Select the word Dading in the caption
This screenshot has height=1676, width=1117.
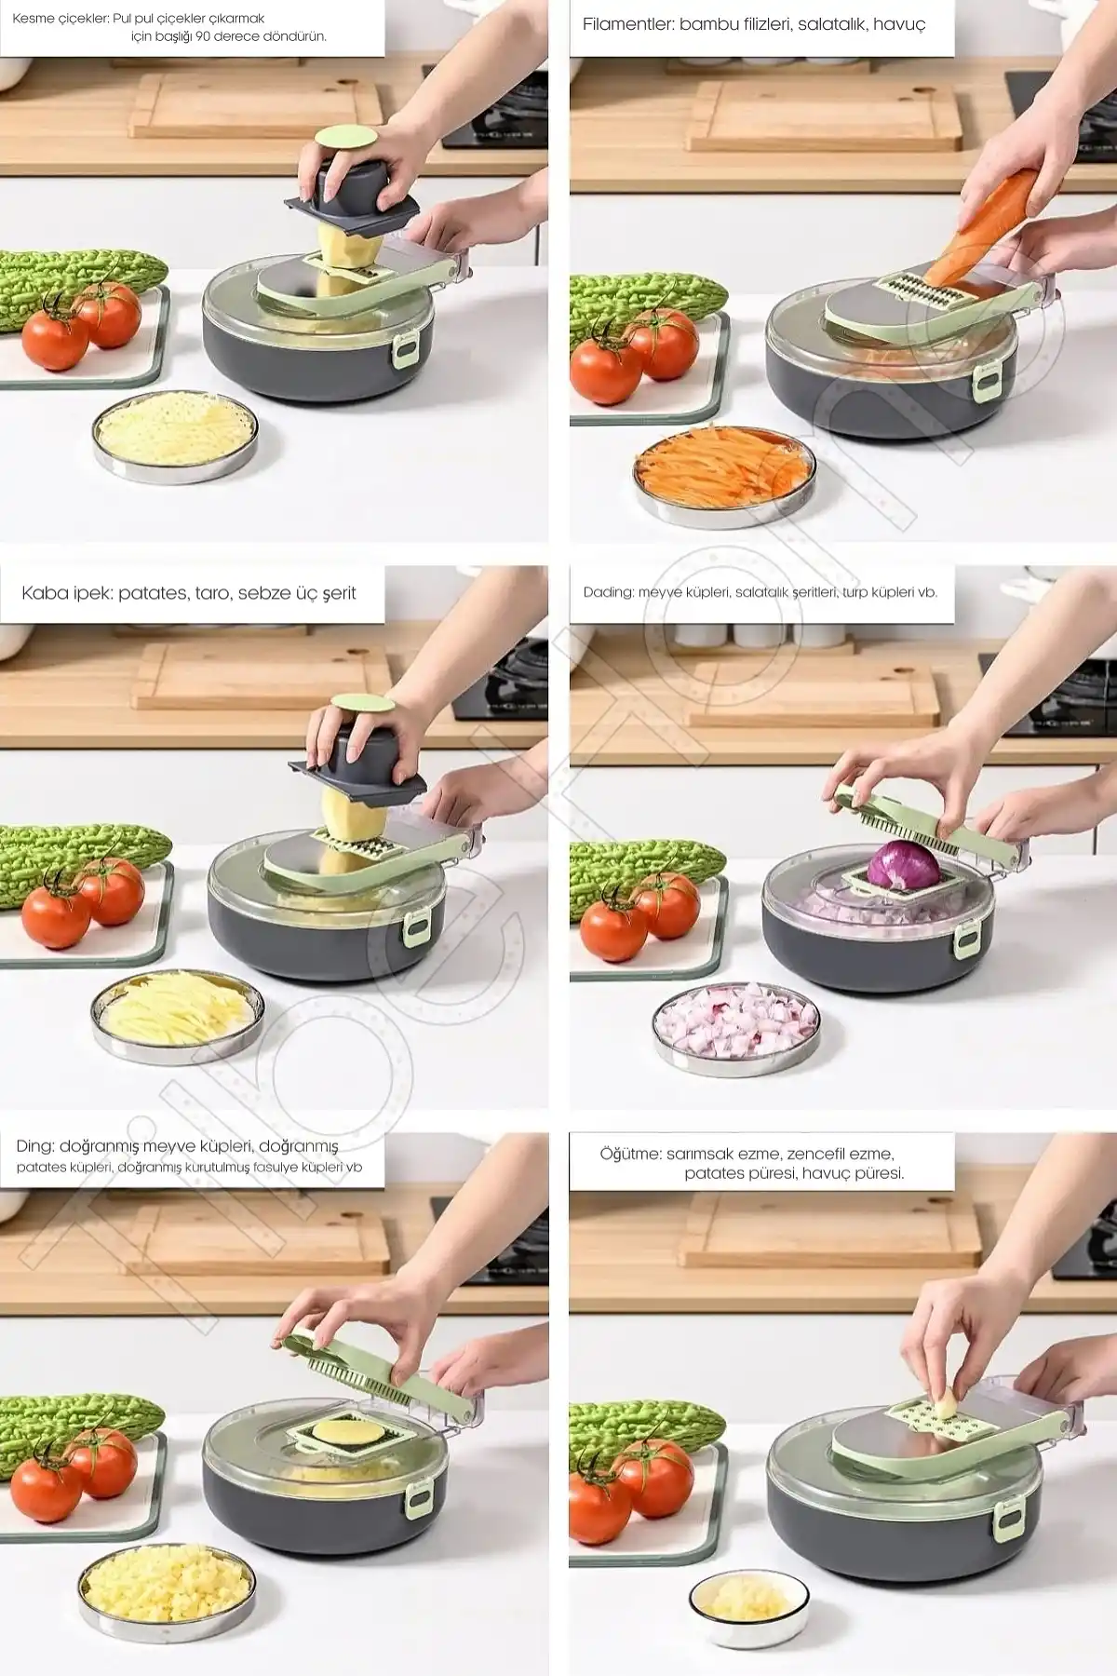point(608,592)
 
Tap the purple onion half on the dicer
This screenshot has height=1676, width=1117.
point(903,864)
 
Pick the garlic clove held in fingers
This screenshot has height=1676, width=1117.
point(946,1402)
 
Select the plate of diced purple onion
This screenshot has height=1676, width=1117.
point(736,1027)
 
